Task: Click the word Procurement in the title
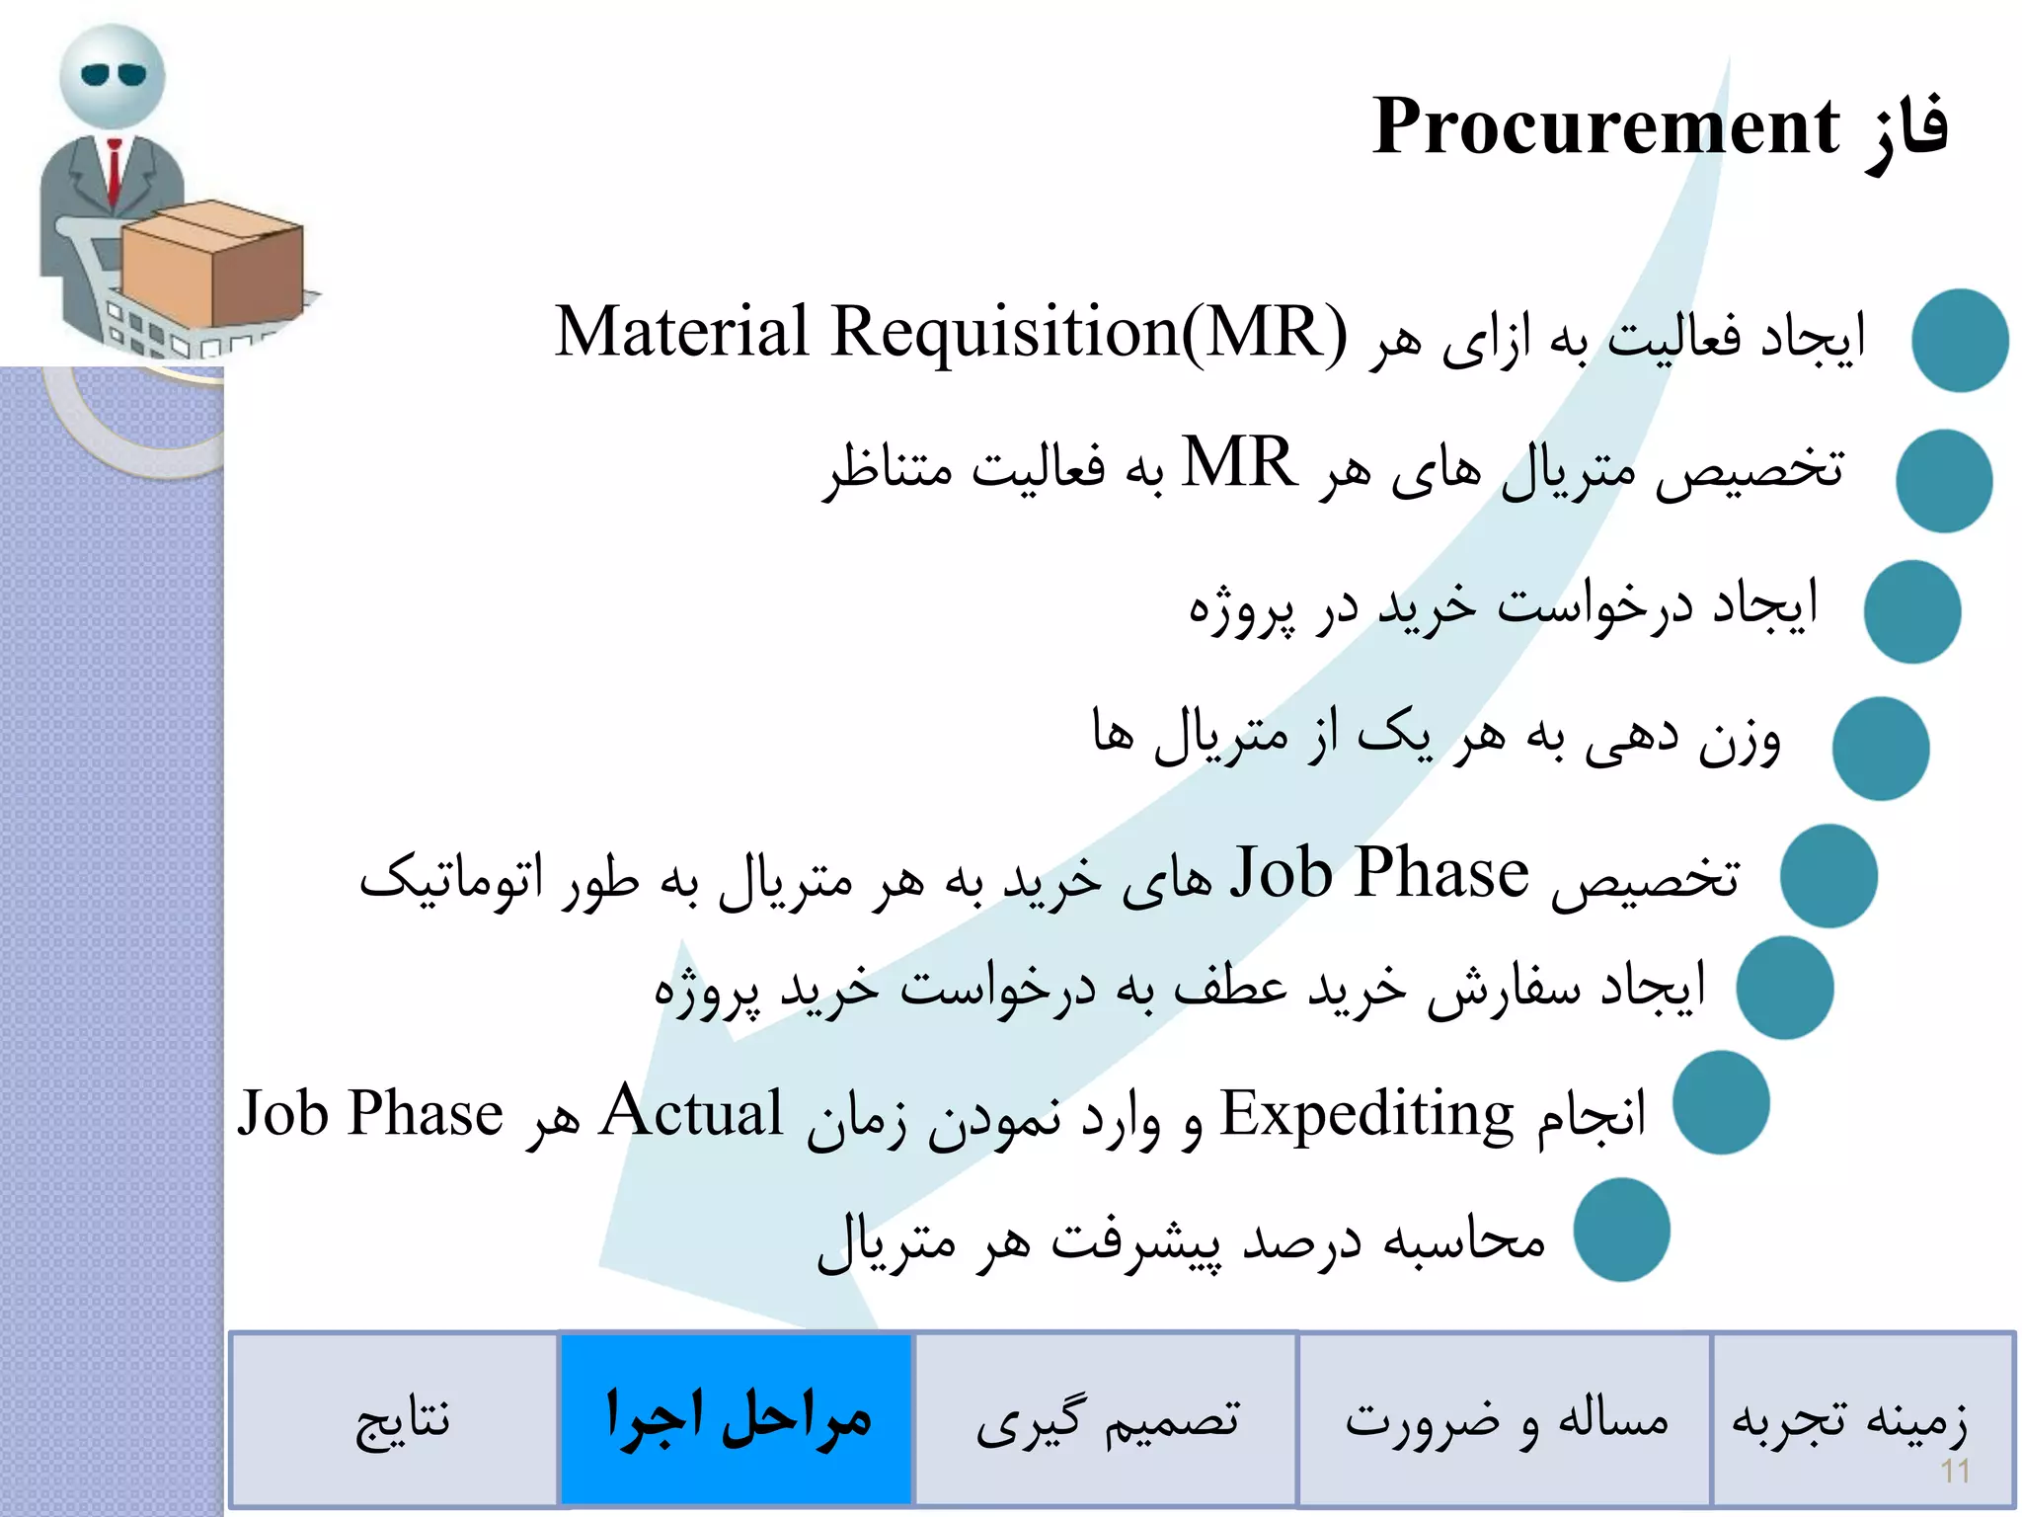1605,126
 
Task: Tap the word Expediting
1366,1114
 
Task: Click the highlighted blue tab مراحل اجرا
737,1418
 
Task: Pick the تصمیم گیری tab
1107,1420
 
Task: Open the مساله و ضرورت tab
1505,1420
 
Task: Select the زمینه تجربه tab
1848,1418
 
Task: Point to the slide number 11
1955,1472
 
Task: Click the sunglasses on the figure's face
113,75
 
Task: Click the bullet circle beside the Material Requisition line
1959,340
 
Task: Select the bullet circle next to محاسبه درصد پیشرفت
1621,1230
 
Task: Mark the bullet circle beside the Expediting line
1721,1102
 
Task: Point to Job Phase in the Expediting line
370,1114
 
